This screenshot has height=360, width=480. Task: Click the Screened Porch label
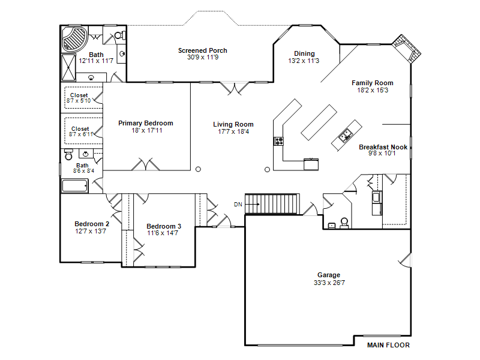click(x=203, y=50)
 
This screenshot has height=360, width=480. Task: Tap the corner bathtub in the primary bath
click(x=74, y=38)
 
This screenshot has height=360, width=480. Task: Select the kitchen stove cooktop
click(x=278, y=141)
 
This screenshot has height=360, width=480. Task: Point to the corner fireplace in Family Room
click(x=407, y=49)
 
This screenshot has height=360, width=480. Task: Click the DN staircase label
click(x=238, y=205)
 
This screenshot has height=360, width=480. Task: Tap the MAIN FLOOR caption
click(x=388, y=345)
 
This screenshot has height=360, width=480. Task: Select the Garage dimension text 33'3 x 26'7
click(x=329, y=283)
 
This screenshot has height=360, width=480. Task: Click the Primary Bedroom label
click(x=146, y=123)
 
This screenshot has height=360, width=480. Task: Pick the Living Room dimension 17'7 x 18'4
click(x=233, y=131)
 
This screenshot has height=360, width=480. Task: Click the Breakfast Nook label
click(x=383, y=147)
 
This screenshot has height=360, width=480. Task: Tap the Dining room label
click(x=304, y=53)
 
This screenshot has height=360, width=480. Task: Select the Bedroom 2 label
click(x=92, y=224)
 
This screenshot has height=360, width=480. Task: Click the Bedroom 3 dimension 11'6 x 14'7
click(x=162, y=233)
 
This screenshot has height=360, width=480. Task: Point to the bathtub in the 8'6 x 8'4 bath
click(x=75, y=186)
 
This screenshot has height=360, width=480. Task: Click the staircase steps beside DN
click(x=272, y=204)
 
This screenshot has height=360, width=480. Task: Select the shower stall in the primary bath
click(x=68, y=68)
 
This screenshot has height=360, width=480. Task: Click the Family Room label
click(x=372, y=83)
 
